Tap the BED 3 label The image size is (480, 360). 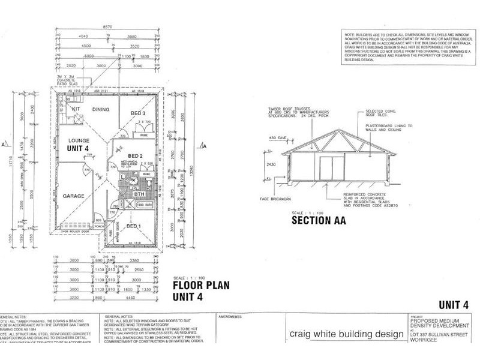[x=138, y=113]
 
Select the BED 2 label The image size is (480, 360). [x=133, y=156]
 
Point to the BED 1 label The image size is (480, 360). [x=134, y=227]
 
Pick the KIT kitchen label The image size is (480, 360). [x=76, y=110]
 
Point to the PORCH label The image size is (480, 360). [x=100, y=226]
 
